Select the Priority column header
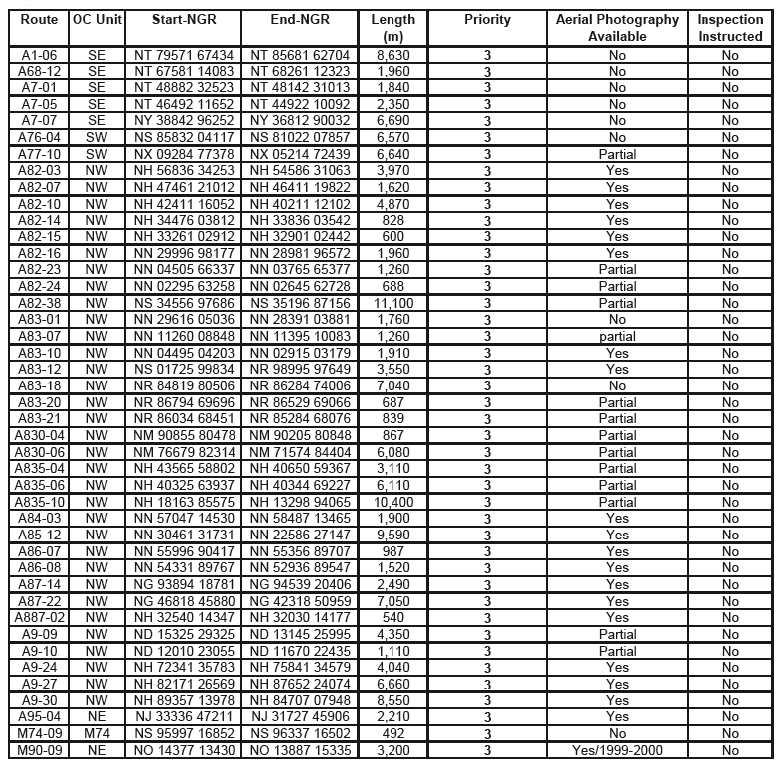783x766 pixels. click(487, 19)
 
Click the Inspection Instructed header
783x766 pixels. click(730, 27)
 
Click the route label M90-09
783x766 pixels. click(41, 750)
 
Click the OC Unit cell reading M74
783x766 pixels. click(96, 733)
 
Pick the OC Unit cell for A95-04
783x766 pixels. click(96, 717)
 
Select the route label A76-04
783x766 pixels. click(41, 137)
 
